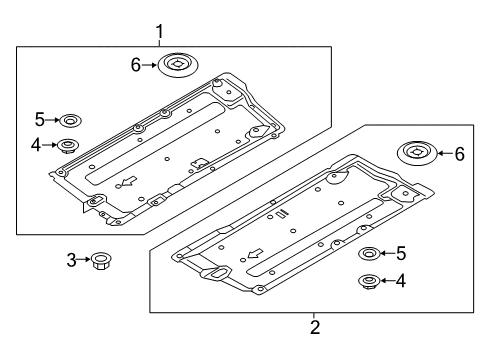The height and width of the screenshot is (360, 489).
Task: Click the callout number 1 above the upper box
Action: (x=160, y=32)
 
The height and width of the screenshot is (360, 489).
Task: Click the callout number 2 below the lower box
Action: (x=315, y=327)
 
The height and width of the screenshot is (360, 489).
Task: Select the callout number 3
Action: (x=71, y=260)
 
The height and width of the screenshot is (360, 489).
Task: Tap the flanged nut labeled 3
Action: (x=101, y=261)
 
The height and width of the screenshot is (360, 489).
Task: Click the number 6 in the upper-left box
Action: (x=136, y=65)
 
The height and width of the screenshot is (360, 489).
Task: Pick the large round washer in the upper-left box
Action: (x=178, y=65)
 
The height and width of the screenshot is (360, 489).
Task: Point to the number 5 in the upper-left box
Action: (x=40, y=120)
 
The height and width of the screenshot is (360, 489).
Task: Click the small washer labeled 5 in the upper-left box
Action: (x=70, y=120)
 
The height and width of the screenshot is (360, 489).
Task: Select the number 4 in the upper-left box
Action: (x=36, y=145)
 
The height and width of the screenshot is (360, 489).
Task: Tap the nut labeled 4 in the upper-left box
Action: (x=67, y=146)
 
